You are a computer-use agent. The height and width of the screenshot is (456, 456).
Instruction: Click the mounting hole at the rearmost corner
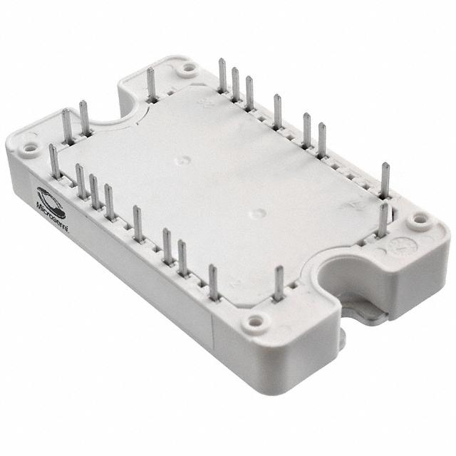tap(189, 69)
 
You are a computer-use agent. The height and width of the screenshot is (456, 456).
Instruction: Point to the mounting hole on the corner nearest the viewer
tap(253, 326)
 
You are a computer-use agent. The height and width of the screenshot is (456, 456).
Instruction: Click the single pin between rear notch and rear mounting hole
tap(151, 85)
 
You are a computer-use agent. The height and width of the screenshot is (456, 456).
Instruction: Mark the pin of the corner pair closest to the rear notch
tap(83, 118)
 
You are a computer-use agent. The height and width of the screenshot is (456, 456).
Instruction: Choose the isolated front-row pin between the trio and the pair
tap(138, 222)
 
